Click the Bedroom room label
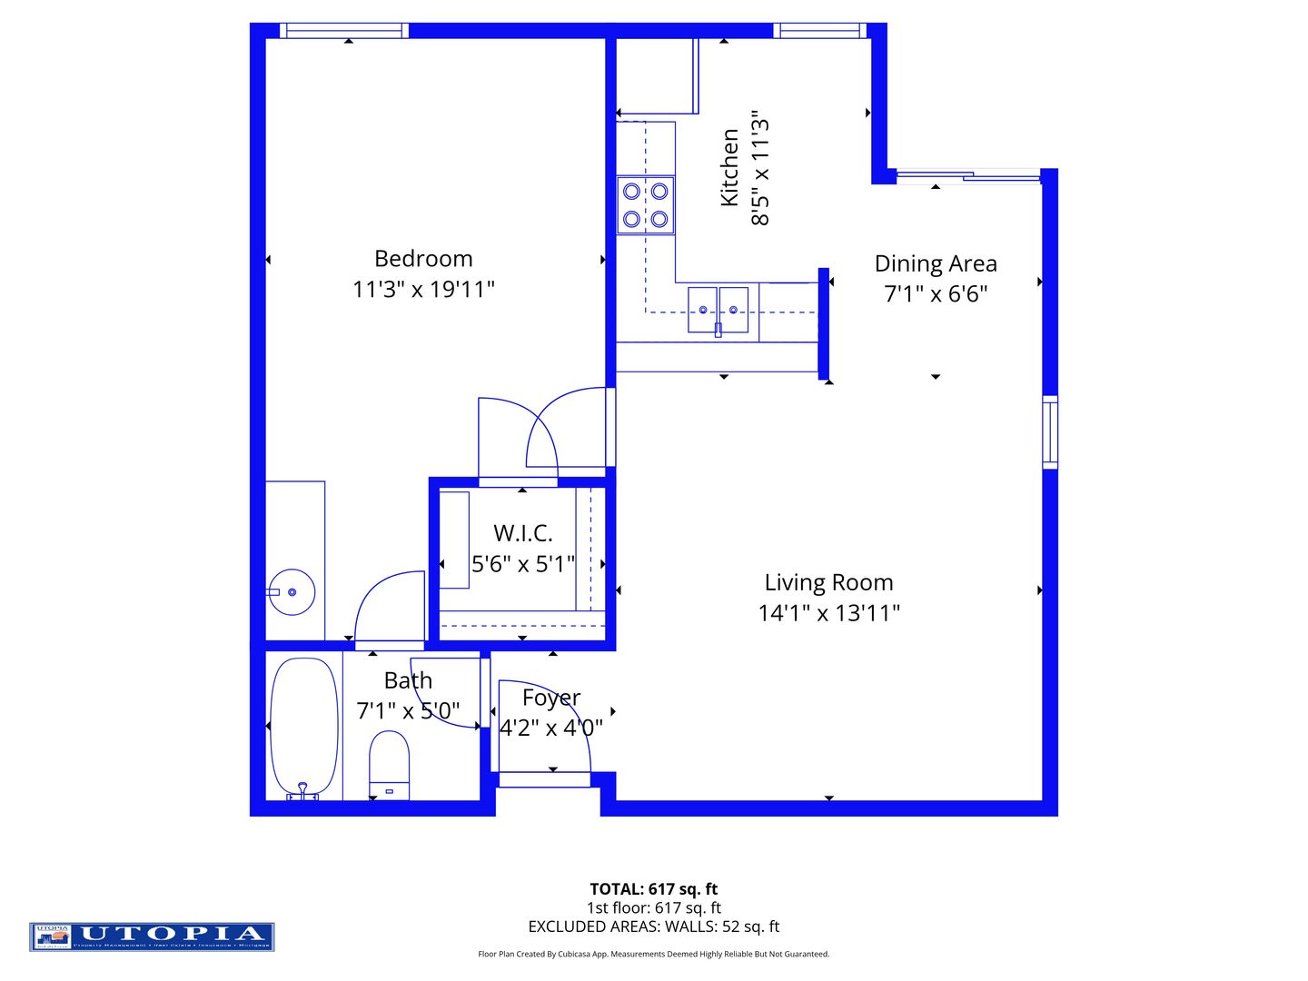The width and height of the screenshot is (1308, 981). pyautogui.click(x=423, y=259)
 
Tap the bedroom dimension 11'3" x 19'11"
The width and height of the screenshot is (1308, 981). pyautogui.click(x=423, y=290)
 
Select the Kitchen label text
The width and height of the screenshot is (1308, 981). pyautogui.click(x=729, y=167)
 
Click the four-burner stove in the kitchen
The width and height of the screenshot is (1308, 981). pyautogui.click(x=646, y=204)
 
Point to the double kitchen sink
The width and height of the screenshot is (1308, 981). pyautogui.click(x=718, y=310)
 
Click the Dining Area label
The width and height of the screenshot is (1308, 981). pyautogui.click(x=936, y=263)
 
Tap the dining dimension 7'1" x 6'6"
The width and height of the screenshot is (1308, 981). pyautogui.click(x=936, y=294)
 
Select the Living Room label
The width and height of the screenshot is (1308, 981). pyautogui.click(x=828, y=582)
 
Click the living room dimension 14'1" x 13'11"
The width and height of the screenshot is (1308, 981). pyautogui.click(x=828, y=613)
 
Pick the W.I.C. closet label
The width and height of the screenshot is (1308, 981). pyautogui.click(x=522, y=533)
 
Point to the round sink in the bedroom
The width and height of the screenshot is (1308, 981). pyautogui.click(x=292, y=592)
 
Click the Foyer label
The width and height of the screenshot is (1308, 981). pyautogui.click(x=551, y=698)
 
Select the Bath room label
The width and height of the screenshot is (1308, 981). pyautogui.click(x=408, y=680)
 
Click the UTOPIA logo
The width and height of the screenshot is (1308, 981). pyautogui.click(x=152, y=936)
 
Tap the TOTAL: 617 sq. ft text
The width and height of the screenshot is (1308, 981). pyautogui.click(x=654, y=889)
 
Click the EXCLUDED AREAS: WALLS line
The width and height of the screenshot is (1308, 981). pyautogui.click(x=654, y=926)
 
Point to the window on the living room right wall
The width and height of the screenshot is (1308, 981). pyautogui.click(x=1050, y=432)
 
